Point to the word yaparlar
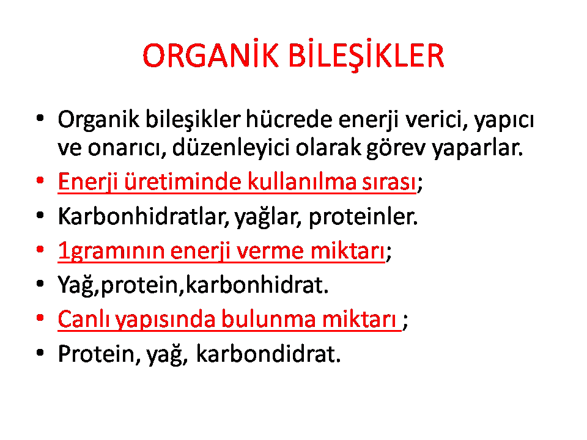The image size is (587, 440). tap(477, 148)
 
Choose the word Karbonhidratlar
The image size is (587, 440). tap(144, 216)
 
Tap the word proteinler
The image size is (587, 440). tap(363, 217)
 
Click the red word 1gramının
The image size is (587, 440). tap(111, 251)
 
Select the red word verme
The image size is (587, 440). tap(270, 251)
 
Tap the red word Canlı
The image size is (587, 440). tap(84, 319)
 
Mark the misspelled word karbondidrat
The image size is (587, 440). tap(268, 354)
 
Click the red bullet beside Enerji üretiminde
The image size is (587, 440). tap(40, 180)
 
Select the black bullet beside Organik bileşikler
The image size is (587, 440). tap(40, 119)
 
